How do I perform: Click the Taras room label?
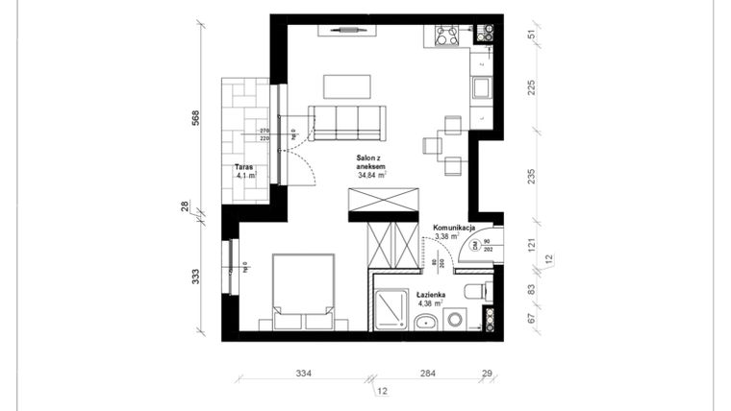243,165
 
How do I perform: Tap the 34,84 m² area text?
371,176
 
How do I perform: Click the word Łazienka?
430,294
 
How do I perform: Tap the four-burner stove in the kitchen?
447,36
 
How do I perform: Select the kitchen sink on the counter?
481,89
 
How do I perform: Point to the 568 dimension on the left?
195,117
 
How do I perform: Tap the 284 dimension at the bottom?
427,374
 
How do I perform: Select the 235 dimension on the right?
532,176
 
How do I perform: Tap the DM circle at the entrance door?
475,245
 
